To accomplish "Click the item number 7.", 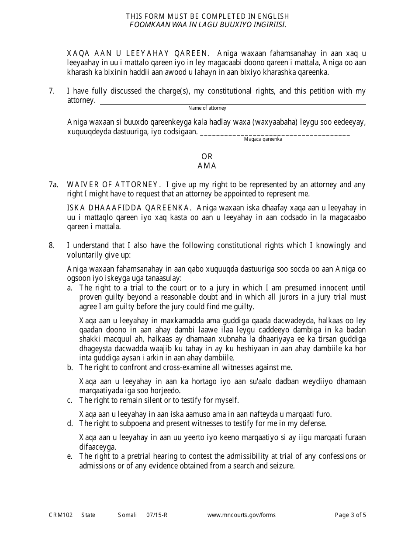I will pos(52,91).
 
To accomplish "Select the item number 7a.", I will pos(53,185).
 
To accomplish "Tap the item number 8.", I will pos(52,245).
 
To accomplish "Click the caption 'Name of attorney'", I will pos(207,108).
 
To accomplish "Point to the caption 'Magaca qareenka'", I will pos(263,139).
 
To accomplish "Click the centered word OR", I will pos(207,157).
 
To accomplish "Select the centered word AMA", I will pos(207,166).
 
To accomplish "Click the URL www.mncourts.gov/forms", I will pos(241,515).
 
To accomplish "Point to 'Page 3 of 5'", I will pos(350,515).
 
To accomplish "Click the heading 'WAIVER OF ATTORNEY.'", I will pos(112,185).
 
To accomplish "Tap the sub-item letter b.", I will pos(69,367).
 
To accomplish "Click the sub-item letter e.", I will pos(69,456).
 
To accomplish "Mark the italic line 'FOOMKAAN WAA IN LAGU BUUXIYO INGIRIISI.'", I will pos(207,24).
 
